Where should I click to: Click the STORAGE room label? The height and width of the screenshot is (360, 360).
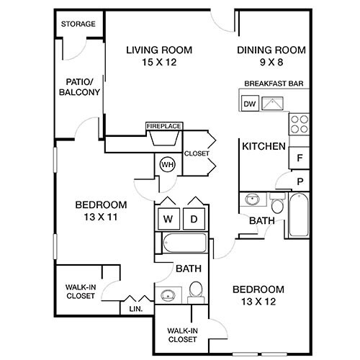[x=78, y=24]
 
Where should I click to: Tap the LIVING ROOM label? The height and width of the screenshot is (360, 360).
[x=159, y=56]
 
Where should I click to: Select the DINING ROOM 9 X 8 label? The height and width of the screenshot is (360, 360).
[x=271, y=56]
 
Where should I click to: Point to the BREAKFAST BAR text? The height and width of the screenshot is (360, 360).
[x=273, y=84]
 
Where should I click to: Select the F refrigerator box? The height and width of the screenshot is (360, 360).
[x=299, y=156]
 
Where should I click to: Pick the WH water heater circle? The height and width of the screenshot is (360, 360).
[x=167, y=164]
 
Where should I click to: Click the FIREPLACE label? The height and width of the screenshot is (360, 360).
[x=163, y=126]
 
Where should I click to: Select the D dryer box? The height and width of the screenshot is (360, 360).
[x=194, y=218]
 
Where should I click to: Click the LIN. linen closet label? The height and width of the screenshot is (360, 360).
[x=135, y=308]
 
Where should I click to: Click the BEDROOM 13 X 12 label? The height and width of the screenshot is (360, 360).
[x=258, y=295]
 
